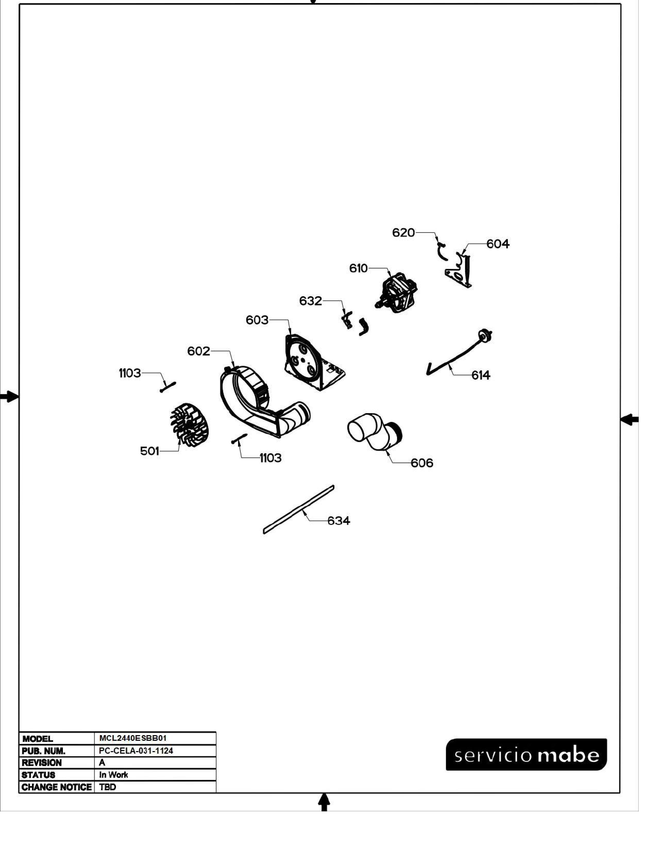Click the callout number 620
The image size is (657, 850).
point(403,233)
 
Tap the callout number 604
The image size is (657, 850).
point(498,244)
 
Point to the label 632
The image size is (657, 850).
point(311,301)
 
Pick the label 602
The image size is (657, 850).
point(198,351)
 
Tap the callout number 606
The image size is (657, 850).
point(422,463)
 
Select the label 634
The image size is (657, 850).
point(339,520)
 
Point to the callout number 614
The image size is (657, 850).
point(481,375)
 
